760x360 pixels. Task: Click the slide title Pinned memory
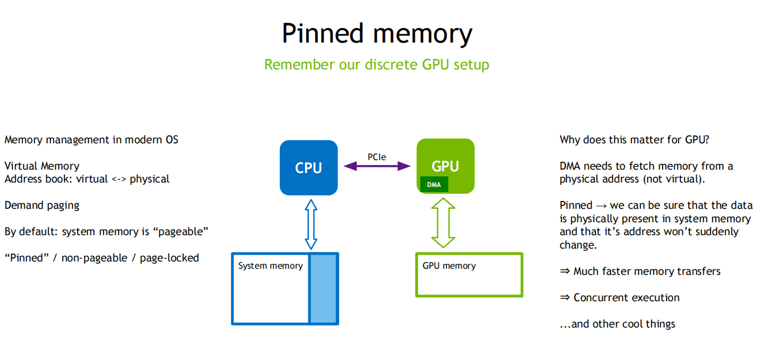click(x=377, y=34)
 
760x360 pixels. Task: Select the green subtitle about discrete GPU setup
click(x=377, y=65)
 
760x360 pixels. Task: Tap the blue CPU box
click(x=308, y=167)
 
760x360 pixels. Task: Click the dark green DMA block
click(x=434, y=184)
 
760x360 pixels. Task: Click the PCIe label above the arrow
click(x=377, y=157)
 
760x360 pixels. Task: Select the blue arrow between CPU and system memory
click(x=311, y=224)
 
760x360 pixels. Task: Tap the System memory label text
click(x=270, y=266)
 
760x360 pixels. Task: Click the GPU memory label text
click(x=449, y=266)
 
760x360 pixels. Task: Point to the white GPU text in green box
click(x=445, y=166)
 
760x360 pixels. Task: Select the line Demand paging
click(x=42, y=205)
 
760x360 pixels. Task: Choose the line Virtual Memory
click(x=42, y=166)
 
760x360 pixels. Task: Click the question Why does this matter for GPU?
click(x=635, y=140)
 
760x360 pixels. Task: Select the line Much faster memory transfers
click(x=646, y=272)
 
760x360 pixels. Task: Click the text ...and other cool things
click(x=617, y=324)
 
